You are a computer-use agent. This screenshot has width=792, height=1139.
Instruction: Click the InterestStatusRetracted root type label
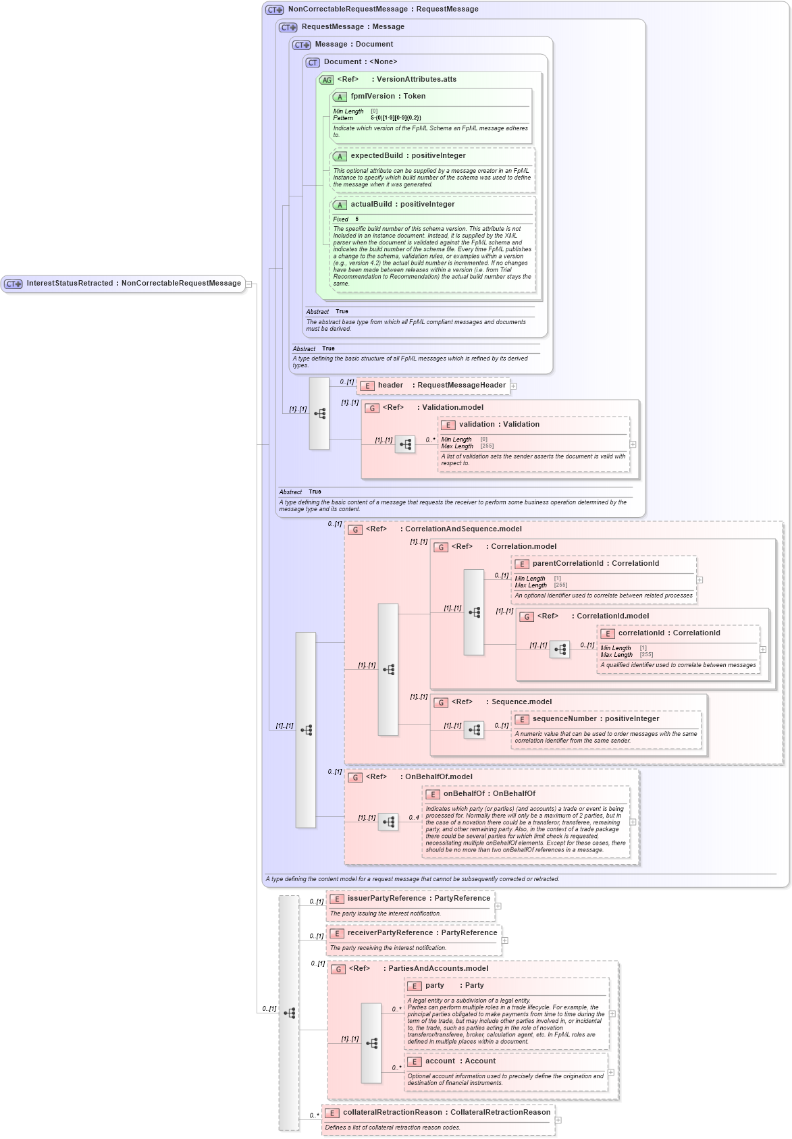(x=133, y=284)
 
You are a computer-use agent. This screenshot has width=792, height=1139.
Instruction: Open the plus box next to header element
(x=514, y=386)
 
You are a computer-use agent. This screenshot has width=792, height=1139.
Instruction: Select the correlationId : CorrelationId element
(x=668, y=633)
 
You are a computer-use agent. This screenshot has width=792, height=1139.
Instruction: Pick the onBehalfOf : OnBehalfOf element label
(x=489, y=794)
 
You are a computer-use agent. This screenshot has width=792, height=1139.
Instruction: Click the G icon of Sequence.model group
(x=441, y=703)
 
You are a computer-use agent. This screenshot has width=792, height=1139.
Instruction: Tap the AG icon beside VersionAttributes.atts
(x=327, y=80)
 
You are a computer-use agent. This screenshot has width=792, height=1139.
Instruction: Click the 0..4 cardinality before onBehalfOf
(x=414, y=818)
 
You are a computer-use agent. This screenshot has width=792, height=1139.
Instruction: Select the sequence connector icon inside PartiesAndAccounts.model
(x=371, y=1043)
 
